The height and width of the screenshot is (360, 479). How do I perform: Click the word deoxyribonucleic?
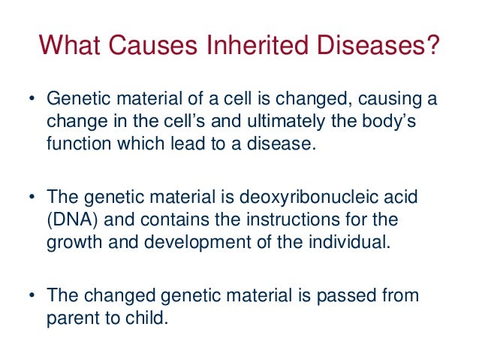[x=319, y=198]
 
